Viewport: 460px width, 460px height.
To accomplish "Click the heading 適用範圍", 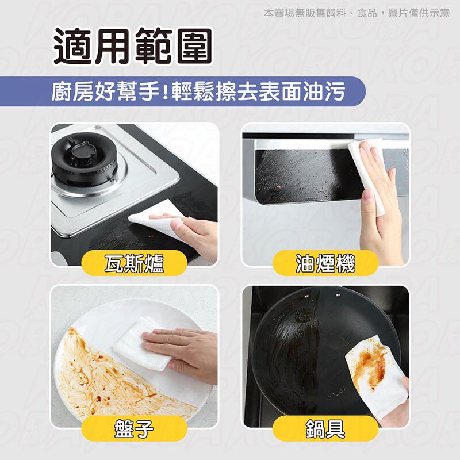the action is tap(133, 47).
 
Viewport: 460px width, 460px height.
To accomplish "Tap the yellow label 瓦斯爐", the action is tap(134, 263).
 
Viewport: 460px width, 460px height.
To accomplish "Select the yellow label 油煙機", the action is tap(325, 263).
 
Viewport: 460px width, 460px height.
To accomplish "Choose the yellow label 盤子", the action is tap(134, 428).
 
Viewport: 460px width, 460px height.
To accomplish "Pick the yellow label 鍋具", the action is tap(325, 428).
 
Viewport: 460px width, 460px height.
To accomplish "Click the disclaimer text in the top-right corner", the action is tap(356, 13).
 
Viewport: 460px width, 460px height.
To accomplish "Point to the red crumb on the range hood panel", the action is tap(276, 186).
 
